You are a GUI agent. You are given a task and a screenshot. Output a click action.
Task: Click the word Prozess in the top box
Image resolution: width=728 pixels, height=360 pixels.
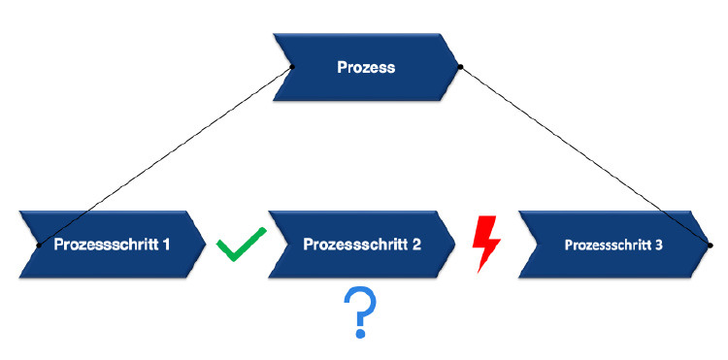365,67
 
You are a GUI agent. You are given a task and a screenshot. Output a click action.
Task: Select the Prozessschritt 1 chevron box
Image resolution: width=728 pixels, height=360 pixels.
112,245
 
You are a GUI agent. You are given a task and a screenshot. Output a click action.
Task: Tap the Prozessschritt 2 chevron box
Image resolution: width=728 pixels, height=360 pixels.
361,245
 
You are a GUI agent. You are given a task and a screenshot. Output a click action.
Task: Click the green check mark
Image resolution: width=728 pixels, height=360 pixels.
241,245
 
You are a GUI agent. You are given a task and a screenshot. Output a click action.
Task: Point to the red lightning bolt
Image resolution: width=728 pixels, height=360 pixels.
483,245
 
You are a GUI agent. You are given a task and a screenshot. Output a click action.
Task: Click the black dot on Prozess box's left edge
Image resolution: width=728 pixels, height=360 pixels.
292,67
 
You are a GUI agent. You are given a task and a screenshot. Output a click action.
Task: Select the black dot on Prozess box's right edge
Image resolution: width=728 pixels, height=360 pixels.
461,67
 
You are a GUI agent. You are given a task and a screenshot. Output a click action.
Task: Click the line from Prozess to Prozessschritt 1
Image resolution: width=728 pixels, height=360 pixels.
165,156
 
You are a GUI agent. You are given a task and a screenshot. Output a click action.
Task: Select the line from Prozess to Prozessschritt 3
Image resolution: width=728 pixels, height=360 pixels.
585,156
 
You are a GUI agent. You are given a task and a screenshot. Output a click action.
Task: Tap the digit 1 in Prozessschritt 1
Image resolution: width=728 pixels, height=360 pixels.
167,245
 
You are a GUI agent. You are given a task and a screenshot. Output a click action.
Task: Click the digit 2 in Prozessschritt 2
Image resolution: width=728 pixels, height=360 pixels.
416,245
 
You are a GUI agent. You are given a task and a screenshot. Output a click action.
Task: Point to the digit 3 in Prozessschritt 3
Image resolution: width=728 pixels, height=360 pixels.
659,245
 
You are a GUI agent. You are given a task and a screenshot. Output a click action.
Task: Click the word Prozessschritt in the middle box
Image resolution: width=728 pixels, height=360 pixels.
354,245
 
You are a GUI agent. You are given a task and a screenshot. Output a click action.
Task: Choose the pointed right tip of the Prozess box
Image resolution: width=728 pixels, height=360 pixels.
460,67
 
